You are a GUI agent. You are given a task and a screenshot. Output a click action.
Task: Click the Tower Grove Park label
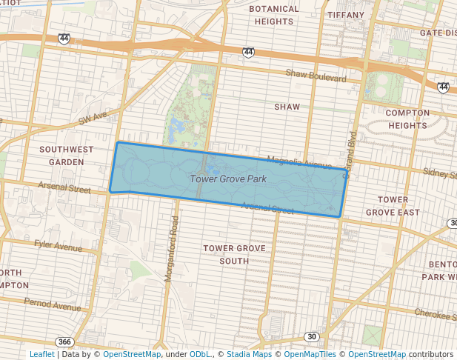(227, 179)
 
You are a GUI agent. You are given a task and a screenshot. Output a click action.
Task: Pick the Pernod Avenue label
(52, 304)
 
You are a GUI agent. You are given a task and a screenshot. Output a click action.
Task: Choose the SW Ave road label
(94, 117)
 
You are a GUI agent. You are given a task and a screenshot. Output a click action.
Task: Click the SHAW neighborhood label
(287, 107)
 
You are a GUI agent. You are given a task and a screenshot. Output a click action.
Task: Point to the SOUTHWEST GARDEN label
(67, 155)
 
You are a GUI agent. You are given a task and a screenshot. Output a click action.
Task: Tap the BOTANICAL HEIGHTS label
(274, 16)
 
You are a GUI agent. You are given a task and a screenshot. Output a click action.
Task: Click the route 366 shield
(65, 341)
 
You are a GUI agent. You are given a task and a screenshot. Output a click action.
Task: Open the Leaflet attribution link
(41, 355)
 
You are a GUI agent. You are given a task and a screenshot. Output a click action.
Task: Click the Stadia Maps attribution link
(249, 355)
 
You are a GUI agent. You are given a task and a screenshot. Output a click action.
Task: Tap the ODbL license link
(200, 355)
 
